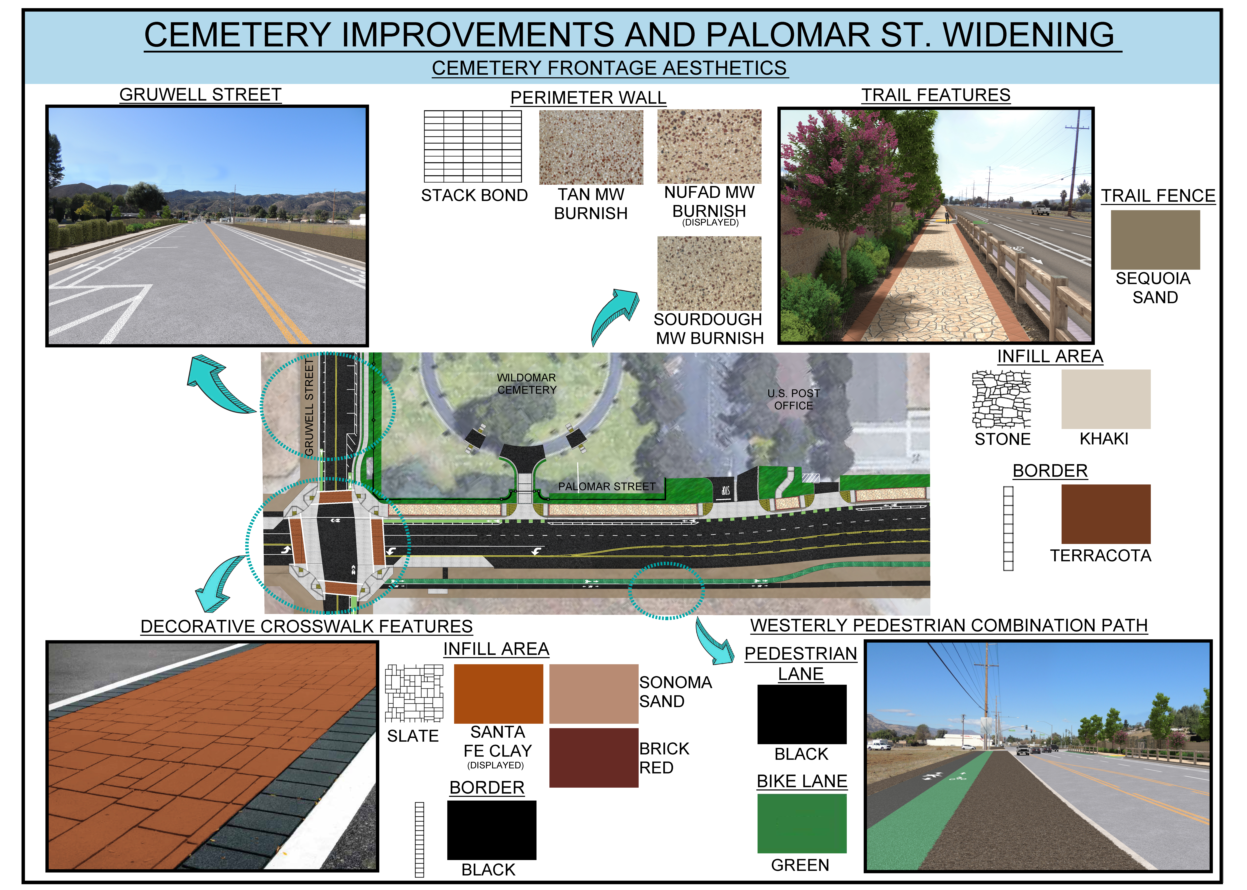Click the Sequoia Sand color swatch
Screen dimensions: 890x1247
(1155, 240)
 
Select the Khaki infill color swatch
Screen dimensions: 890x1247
(1106, 399)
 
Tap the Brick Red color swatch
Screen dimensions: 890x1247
(593, 757)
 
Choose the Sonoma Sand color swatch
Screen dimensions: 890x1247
(593, 694)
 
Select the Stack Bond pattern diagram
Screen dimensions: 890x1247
(473, 146)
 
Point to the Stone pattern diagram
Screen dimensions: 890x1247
(1001, 399)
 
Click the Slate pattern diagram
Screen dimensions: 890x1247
(414, 693)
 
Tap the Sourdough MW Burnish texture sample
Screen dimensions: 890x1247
(709, 273)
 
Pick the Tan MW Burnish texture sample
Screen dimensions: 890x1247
(591, 147)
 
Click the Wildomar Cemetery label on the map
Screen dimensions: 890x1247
(526, 384)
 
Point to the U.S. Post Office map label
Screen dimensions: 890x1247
(793, 399)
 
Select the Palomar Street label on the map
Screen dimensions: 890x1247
(606, 486)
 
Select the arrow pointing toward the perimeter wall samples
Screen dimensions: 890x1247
(614, 315)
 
